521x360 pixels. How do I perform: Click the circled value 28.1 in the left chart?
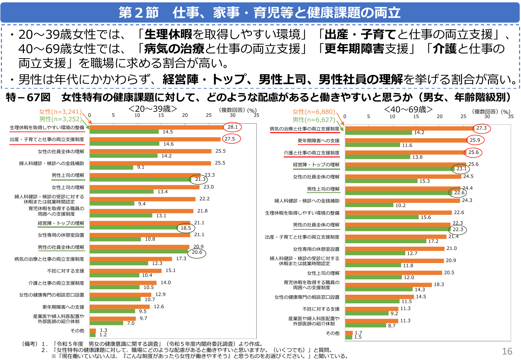click(x=232, y=127)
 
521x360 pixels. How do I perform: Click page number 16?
click(x=507, y=351)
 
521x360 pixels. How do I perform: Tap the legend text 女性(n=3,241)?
click(x=60, y=112)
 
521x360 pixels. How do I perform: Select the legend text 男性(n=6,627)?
click(x=314, y=120)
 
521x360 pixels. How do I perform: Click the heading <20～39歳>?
click(x=153, y=109)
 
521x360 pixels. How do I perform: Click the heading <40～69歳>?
click(x=408, y=109)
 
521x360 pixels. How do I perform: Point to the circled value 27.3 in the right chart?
click(x=481, y=128)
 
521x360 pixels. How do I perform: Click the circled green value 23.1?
click(x=461, y=169)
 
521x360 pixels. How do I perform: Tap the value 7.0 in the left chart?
click(x=131, y=323)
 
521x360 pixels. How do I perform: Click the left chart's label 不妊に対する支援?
click(x=66, y=271)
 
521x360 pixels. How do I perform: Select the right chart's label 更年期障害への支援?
click(x=318, y=141)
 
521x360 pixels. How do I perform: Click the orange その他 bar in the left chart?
click(x=93, y=331)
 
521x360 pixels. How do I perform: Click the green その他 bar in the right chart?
click(x=349, y=337)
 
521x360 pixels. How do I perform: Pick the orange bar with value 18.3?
click(x=388, y=285)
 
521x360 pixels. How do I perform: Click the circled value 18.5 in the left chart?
click(x=186, y=228)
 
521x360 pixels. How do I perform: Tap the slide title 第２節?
click(x=139, y=13)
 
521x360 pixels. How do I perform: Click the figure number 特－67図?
click(x=28, y=97)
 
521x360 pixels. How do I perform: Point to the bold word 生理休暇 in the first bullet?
click(x=168, y=34)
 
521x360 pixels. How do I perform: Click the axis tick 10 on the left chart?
click(x=137, y=115)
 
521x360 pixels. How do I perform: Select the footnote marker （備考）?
click(x=29, y=344)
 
